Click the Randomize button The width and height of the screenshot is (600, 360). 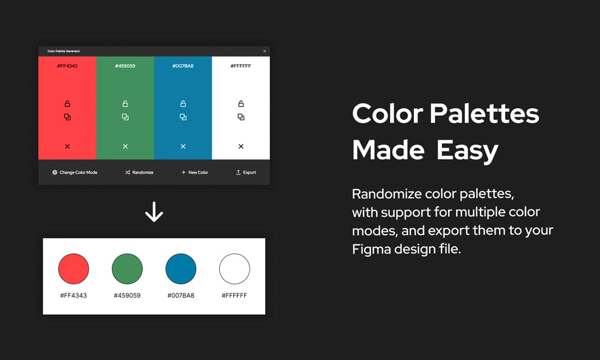[139, 172]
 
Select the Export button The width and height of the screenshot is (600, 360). [246, 172]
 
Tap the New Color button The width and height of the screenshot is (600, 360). [194, 172]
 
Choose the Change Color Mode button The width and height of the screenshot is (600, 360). [74, 172]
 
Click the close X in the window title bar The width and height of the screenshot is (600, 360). [265, 51]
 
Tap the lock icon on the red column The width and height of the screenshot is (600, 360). [67, 104]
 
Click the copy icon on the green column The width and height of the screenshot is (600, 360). [125, 117]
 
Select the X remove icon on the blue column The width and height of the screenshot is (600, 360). [183, 146]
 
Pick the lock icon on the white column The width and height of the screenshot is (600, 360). [241, 104]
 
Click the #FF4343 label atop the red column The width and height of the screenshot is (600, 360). [67, 65]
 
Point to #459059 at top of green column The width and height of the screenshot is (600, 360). [125, 65]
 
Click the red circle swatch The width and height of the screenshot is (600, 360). [73, 269]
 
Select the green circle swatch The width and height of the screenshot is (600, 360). [127, 269]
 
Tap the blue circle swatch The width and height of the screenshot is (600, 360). [181, 269]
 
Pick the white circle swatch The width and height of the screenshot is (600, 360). [235, 269]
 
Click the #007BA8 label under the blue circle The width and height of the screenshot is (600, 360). [181, 295]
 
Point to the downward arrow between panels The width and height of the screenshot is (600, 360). [154, 212]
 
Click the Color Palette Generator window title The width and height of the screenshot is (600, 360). [64, 51]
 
